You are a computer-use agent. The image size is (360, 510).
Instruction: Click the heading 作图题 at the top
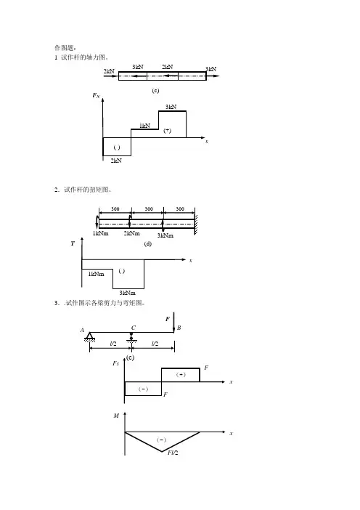[x=65, y=48]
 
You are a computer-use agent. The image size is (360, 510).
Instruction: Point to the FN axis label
[x=97, y=95]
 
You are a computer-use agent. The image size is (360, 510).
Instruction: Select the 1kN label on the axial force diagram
[x=145, y=126]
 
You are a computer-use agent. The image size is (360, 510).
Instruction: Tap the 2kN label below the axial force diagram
[x=116, y=161]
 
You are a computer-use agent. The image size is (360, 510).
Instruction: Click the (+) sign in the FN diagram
[x=168, y=131]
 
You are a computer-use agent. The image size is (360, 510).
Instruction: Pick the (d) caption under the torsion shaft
[x=148, y=244]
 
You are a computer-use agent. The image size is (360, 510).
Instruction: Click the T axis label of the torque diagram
[x=73, y=243]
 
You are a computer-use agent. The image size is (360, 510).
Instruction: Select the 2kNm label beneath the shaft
[x=131, y=233]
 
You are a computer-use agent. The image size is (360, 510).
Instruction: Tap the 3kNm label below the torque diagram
[x=127, y=293]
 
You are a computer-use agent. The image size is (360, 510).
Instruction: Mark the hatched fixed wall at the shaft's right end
[x=196, y=221]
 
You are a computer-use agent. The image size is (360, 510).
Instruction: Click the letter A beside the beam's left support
[x=82, y=330]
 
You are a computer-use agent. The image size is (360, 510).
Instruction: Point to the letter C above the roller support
[x=134, y=328]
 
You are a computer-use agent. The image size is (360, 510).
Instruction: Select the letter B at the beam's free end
[x=179, y=328]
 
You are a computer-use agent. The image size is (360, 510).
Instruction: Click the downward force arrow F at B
[x=173, y=323]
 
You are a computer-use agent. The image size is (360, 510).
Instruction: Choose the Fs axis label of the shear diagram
[x=115, y=363]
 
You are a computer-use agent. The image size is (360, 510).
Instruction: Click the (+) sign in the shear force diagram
[x=181, y=375]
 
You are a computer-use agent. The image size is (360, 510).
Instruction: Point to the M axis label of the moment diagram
[x=116, y=416]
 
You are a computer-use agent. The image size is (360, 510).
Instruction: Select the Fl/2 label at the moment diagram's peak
[x=173, y=453]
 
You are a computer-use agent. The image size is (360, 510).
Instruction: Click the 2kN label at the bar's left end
[x=109, y=71]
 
